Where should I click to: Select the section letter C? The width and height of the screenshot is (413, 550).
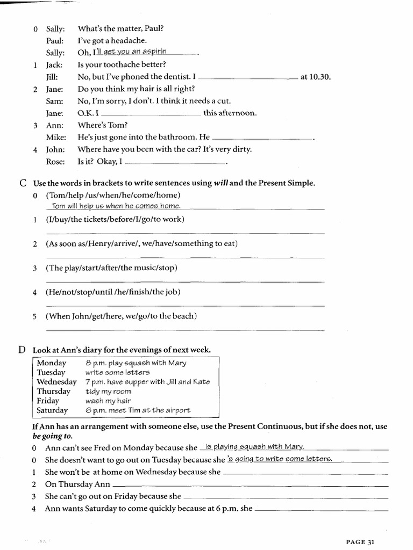click(x=23, y=183)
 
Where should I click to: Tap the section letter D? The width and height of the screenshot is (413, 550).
click(x=23, y=350)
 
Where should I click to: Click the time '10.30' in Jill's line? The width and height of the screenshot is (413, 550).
click(x=319, y=77)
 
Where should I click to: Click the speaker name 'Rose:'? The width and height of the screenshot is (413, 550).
click(x=55, y=161)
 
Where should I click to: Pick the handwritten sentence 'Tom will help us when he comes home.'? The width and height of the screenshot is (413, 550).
click(x=116, y=206)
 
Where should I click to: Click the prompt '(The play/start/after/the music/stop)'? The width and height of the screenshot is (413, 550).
click(x=111, y=267)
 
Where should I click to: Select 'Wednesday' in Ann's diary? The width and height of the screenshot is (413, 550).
click(x=57, y=382)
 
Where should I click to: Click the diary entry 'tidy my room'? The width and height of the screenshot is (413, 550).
click(x=108, y=392)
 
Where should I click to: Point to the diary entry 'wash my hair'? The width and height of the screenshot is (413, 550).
click(x=108, y=401)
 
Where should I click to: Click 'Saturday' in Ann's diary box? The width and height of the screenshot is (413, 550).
click(x=52, y=411)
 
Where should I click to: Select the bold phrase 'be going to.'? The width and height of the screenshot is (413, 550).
click(x=53, y=436)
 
